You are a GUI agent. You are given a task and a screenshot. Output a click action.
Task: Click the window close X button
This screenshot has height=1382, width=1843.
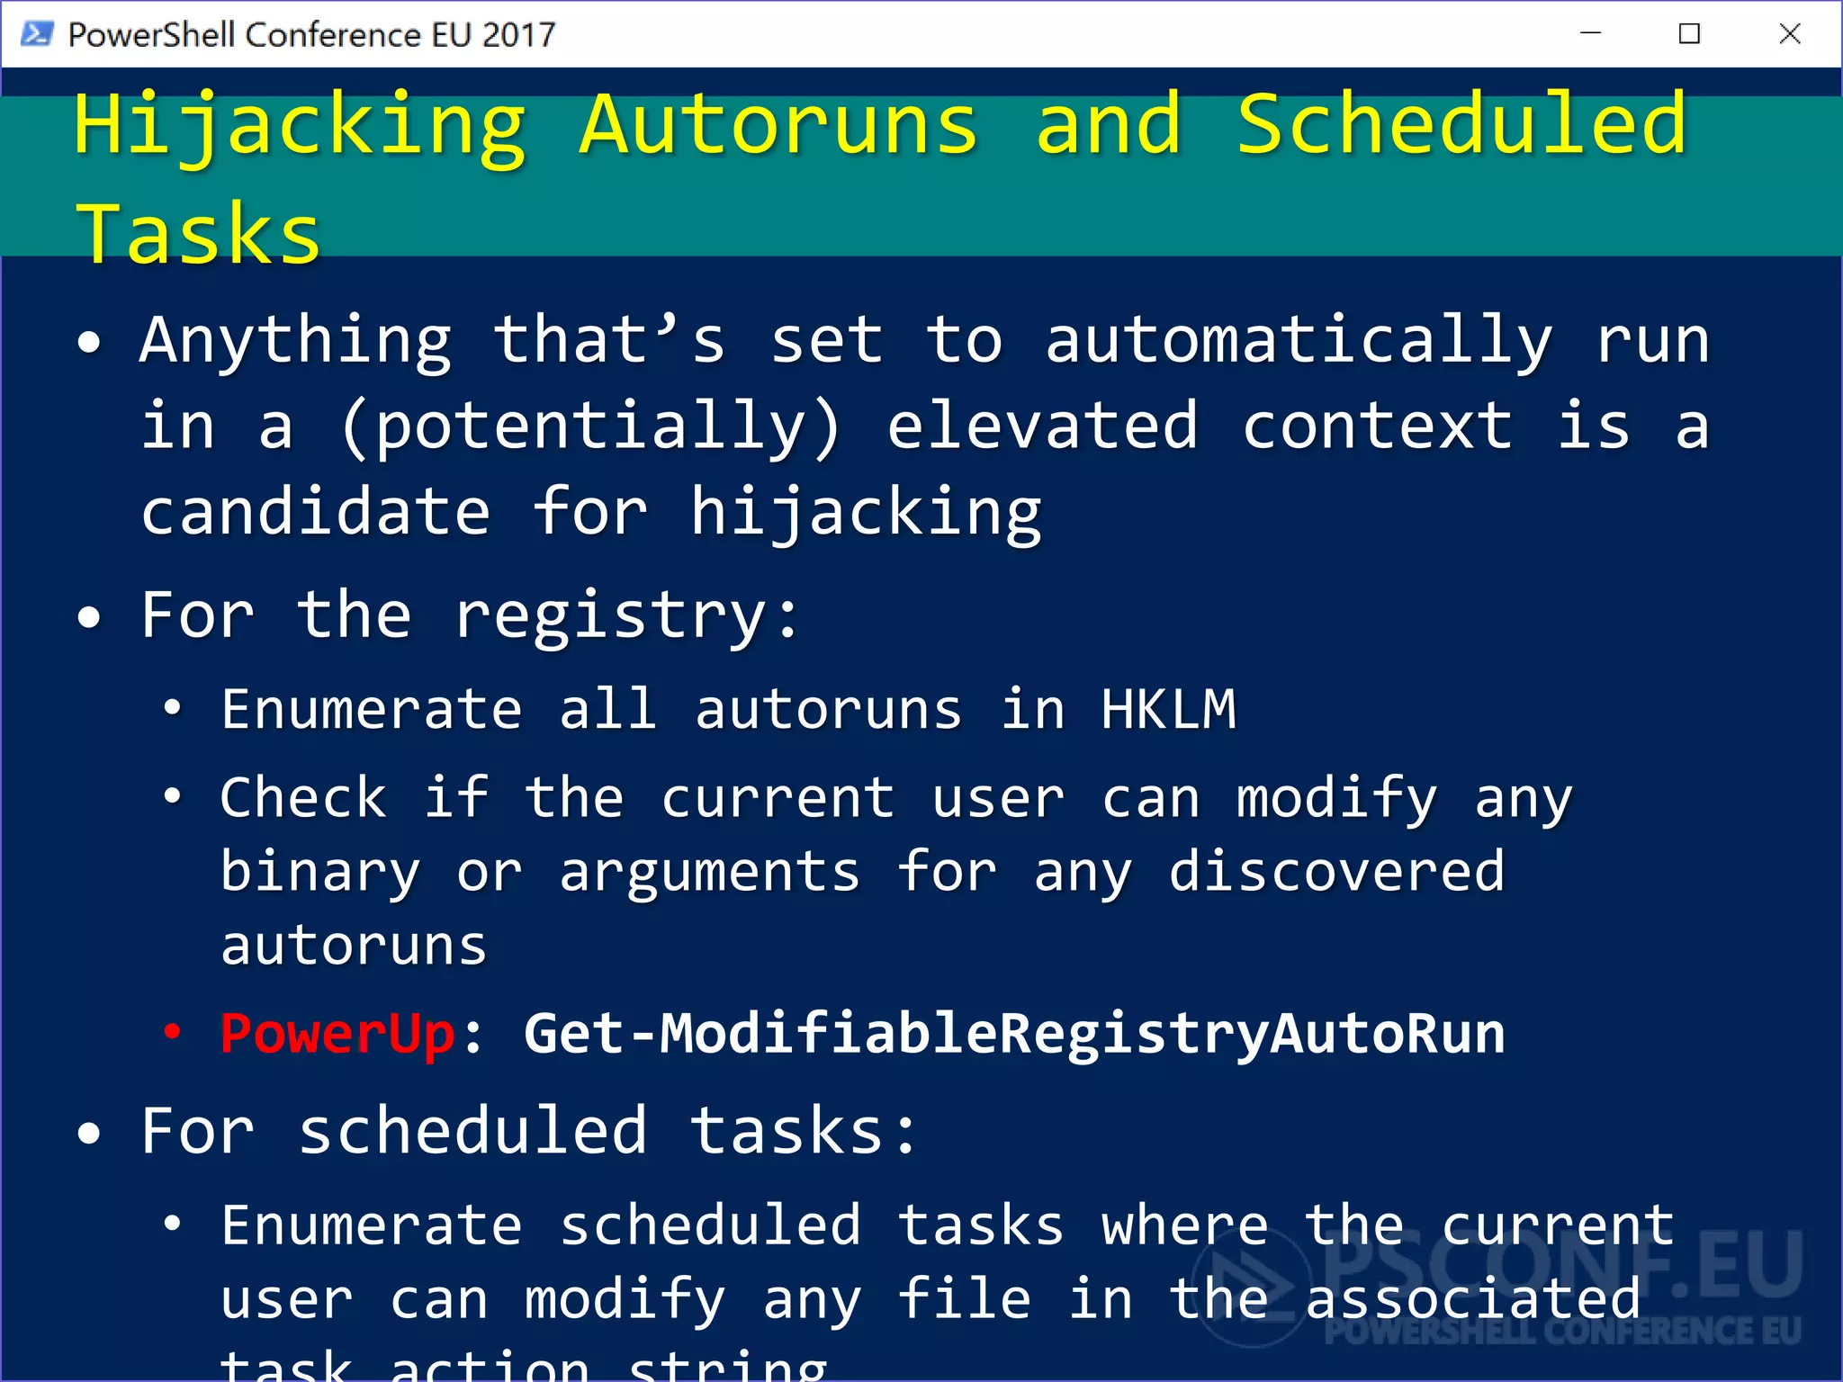1790,34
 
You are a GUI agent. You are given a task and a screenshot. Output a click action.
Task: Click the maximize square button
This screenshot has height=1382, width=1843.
1689,34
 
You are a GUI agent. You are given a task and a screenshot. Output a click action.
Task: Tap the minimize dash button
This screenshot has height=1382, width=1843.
1590,34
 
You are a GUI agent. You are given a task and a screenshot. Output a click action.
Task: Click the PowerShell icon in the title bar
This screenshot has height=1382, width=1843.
36,34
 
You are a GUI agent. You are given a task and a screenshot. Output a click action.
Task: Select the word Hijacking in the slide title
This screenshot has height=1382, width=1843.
300,126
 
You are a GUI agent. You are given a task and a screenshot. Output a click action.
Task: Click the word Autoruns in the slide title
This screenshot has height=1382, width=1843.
778,126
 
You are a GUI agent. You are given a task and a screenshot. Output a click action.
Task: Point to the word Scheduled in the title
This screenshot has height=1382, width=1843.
1461,126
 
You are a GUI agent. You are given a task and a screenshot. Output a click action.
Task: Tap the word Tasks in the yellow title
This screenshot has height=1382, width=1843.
198,234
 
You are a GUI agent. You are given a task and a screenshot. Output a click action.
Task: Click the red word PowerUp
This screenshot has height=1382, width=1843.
337,1034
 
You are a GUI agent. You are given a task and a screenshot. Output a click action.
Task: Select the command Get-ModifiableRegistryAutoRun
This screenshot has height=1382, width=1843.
1014,1034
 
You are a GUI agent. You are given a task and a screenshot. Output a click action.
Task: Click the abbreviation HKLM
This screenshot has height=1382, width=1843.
1168,710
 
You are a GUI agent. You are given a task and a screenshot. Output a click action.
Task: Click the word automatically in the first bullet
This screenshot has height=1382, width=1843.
1299,342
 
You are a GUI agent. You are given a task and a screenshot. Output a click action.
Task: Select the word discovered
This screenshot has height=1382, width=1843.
1336,872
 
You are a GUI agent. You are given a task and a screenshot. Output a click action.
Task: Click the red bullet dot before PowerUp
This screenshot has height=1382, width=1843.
172,1032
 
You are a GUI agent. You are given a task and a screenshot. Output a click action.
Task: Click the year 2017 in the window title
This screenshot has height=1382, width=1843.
519,34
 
